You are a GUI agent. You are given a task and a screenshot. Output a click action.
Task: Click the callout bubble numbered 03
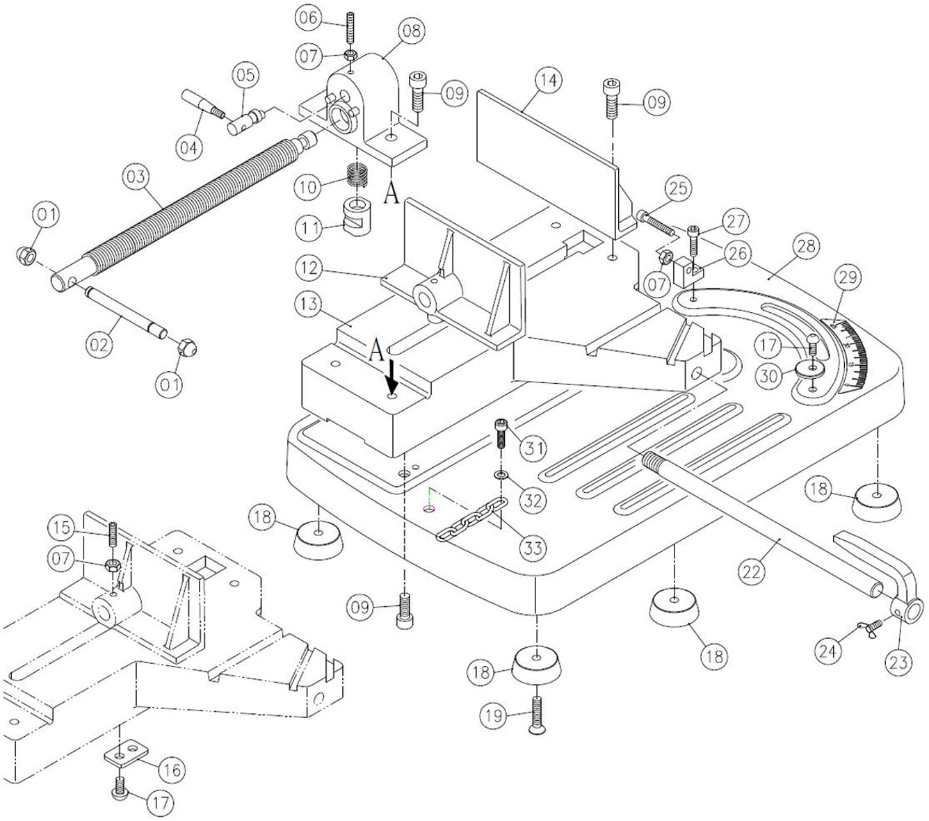(136, 177)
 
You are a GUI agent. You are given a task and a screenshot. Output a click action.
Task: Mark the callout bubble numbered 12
(307, 267)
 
